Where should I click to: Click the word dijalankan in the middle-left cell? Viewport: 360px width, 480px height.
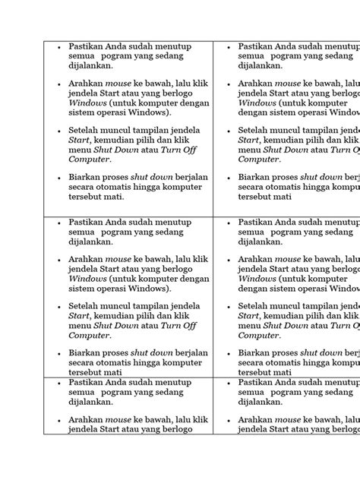coord(90,243)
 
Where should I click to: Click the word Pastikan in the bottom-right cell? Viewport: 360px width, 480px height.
coord(257,384)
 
